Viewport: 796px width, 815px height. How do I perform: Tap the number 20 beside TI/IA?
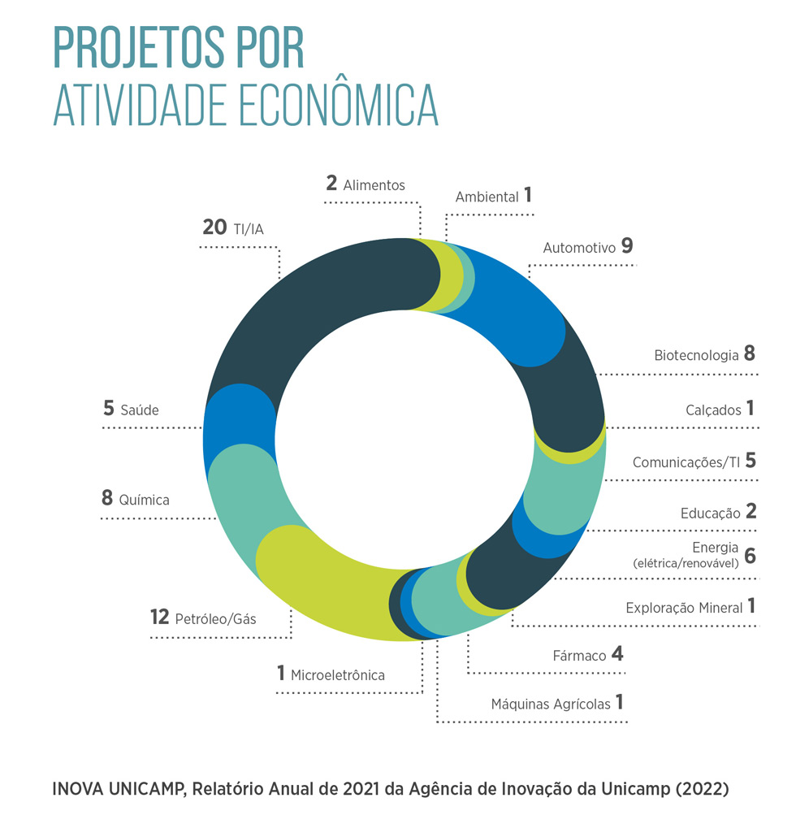(x=214, y=228)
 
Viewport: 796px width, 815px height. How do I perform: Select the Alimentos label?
(x=374, y=185)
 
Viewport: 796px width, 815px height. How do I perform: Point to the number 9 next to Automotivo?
(x=626, y=246)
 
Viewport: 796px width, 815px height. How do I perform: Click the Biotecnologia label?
(x=696, y=355)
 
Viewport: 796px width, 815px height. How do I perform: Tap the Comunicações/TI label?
(x=686, y=462)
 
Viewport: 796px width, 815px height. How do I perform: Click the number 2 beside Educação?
(x=751, y=512)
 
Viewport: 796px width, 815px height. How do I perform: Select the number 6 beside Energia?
(x=750, y=556)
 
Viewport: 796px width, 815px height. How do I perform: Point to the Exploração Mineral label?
(x=684, y=608)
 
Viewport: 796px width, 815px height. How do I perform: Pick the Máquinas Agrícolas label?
(x=550, y=704)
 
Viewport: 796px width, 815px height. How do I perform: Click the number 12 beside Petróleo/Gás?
(x=159, y=618)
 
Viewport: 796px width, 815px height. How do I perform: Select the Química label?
(x=144, y=500)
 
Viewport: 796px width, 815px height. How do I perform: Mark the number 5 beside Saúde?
(x=109, y=409)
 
